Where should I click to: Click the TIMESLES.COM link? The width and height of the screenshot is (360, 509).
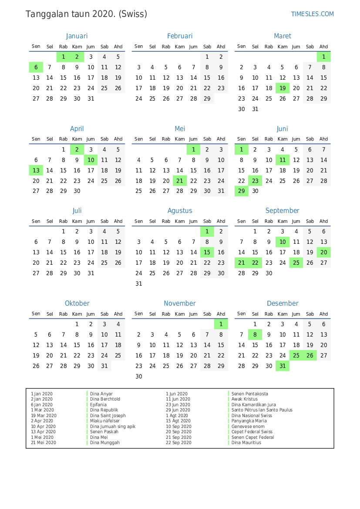(x=312, y=14)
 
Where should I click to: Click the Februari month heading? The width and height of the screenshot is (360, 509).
(x=179, y=36)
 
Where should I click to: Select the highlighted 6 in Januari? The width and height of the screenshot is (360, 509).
(x=36, y=67)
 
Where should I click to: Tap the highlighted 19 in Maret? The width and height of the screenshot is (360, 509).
(x=283, y=88)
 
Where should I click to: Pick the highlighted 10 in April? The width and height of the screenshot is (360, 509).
(x=91, y=160)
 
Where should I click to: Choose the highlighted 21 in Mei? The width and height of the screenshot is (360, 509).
(x=180, y=181)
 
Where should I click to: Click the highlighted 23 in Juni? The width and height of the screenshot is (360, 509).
(x=255, y=181)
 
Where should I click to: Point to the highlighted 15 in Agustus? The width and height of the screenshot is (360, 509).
(x=207, y=252)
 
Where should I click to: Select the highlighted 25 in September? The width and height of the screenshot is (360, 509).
(x=296, y=263)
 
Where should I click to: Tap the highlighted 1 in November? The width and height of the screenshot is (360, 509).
(x=221, y=324)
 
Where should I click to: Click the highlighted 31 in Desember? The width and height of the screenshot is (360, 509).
(x=283, y=366)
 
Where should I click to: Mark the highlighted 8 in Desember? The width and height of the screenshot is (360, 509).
(x=255, y=334)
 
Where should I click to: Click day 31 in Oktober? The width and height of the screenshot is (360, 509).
(x=104, y=366)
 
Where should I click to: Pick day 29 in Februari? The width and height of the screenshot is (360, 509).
(x=207, y=98)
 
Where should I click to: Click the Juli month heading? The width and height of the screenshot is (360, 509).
(x=77, y=211)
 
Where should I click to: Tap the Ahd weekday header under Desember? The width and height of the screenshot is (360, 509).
(x=323, y=313)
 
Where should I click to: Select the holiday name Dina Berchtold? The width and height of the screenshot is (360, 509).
(x=105, y=399)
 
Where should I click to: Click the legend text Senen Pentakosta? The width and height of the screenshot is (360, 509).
(x=249, y=394)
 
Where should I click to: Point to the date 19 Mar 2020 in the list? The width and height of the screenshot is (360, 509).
(x=44, y=416)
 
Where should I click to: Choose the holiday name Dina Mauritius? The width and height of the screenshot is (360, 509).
(x=246, y=443)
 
